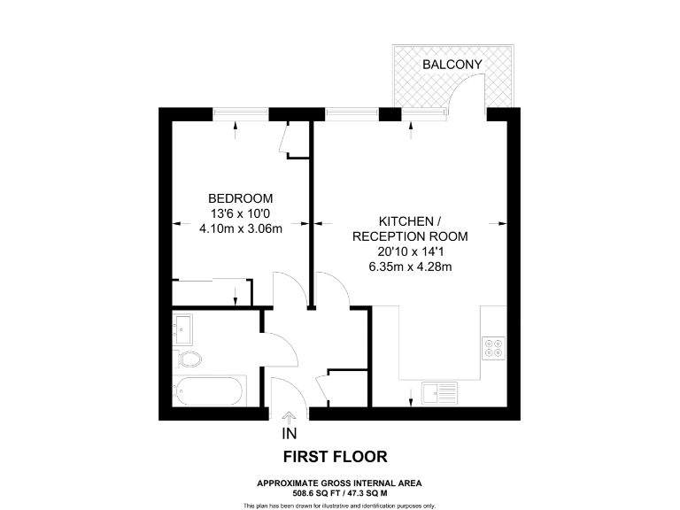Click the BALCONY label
452,65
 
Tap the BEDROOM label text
240,197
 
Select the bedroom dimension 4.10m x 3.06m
240,229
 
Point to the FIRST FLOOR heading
335,457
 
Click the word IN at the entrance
289,434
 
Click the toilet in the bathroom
189,359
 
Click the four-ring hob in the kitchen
493,346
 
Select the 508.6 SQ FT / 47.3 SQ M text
339,492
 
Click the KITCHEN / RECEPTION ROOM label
408,228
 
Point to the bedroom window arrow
236,127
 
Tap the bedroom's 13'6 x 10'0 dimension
240,213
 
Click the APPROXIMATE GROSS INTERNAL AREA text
339,483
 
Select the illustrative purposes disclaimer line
339,506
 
